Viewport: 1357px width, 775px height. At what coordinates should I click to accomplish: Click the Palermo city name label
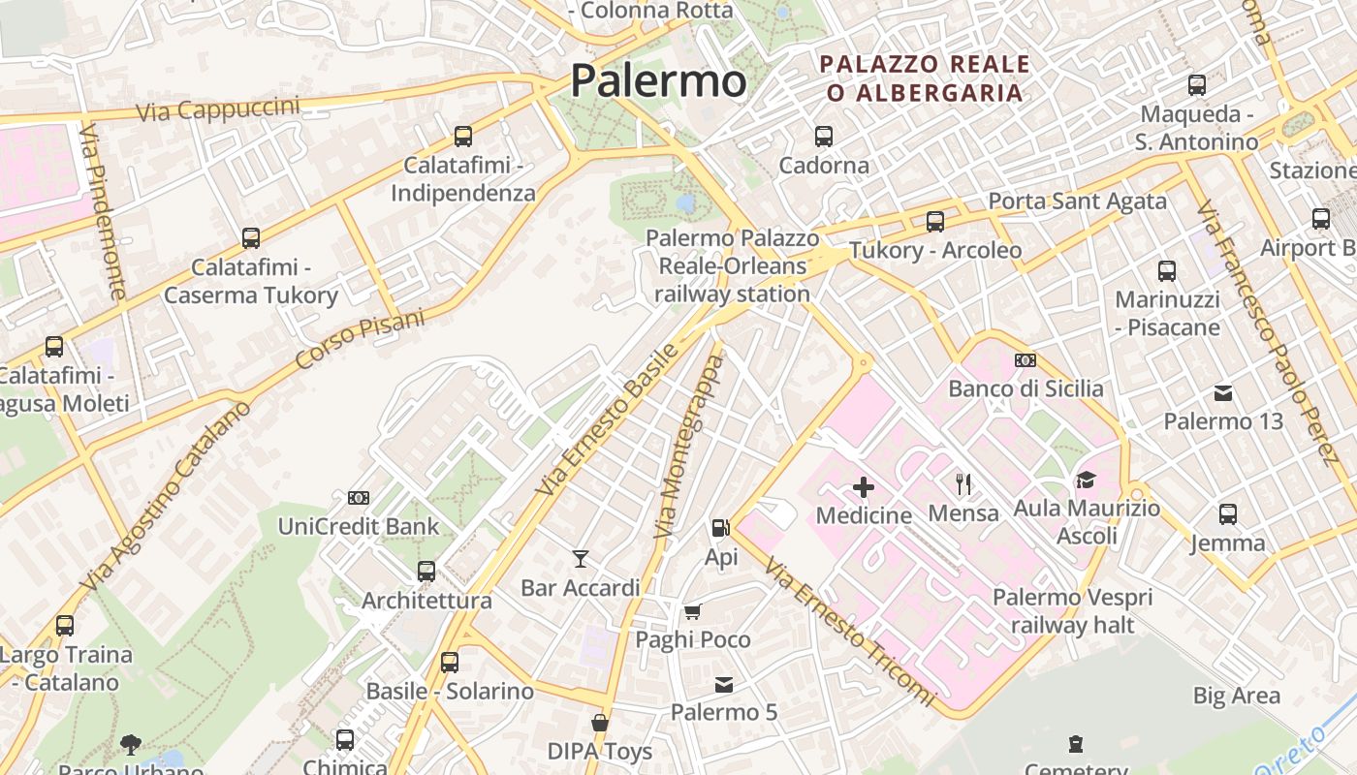pos(658,80)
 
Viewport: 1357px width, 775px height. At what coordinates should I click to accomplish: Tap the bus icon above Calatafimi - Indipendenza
pos(463,137)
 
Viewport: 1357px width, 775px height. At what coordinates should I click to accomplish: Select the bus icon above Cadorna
pos(824,137)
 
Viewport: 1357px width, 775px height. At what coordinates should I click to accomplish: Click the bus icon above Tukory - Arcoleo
pos(935,222)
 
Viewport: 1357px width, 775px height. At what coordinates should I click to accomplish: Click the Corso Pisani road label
pos(360,339)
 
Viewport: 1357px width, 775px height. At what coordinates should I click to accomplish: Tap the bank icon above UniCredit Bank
pos(359,498)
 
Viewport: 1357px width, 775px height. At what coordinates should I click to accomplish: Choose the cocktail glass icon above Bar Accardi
pos(580,559)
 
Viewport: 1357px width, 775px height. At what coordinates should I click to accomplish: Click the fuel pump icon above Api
pos(720,528)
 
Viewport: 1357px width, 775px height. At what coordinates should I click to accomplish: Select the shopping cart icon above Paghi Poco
pos(692,611)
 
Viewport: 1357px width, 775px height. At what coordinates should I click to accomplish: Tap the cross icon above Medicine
pos(863,486)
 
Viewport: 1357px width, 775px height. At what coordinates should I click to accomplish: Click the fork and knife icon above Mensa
pos(963,483)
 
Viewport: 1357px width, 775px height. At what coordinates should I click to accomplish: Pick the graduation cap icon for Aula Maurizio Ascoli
pos(1086,480)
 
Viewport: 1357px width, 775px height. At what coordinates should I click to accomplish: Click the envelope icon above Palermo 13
pos(1223,393)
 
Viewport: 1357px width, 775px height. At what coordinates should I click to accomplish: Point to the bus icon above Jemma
pos(1228,514)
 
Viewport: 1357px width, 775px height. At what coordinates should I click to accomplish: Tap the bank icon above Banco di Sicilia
pos(1026,360)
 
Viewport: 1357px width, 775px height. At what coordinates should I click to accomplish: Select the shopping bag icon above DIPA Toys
pos(600,723)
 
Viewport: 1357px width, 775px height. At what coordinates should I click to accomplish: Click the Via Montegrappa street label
pos(689,448)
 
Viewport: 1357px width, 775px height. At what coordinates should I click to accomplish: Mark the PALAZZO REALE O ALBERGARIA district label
pos(924,78)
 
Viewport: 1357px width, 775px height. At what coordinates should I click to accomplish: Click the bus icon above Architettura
pos(426,572)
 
